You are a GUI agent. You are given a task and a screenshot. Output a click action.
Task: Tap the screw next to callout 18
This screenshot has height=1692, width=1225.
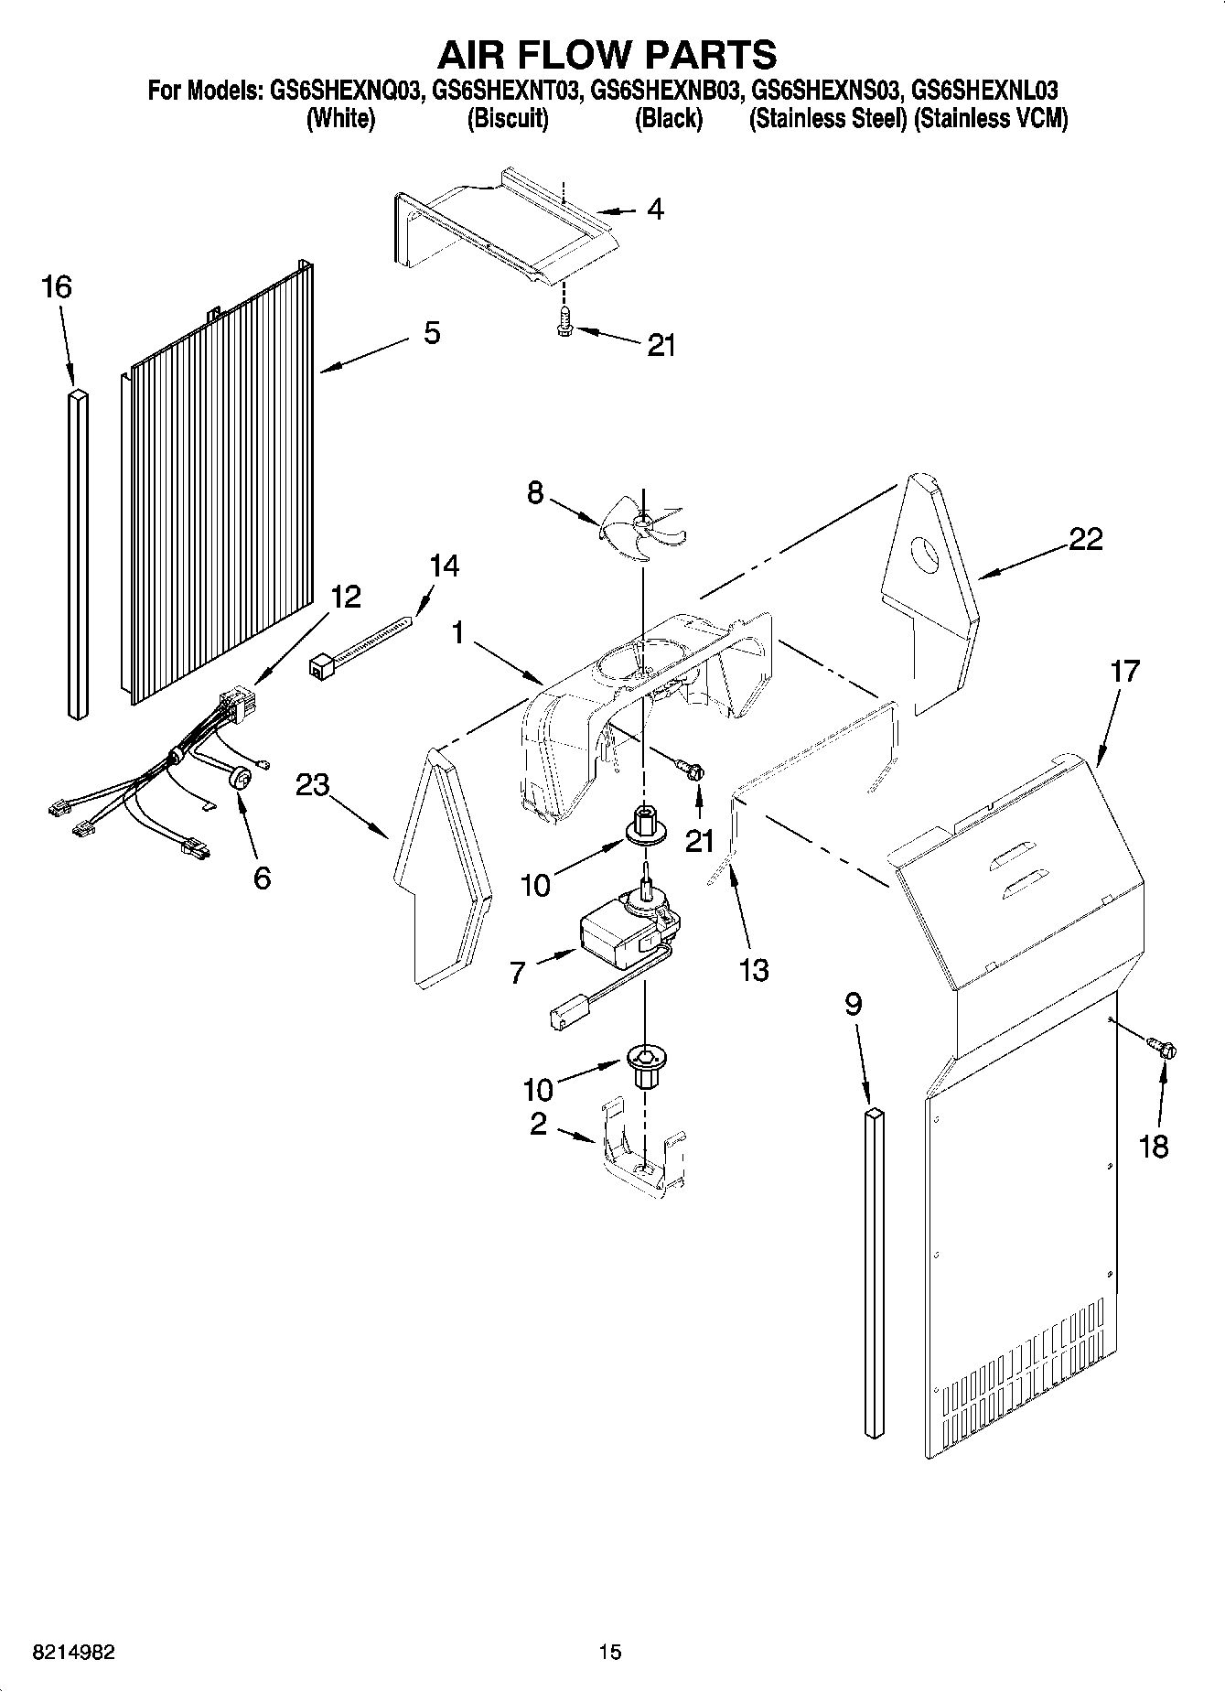point(1165,1049)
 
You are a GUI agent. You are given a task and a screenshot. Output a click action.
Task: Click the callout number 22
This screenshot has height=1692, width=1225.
point(1086,539)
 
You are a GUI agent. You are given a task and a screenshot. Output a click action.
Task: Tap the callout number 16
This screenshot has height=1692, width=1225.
point(56,287)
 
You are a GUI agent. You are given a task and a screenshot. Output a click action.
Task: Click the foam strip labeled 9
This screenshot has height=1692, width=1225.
point(875,1272)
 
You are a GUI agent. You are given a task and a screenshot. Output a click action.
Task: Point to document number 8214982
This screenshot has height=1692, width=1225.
point(73,1652)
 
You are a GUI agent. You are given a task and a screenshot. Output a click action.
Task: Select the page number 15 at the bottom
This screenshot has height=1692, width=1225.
point(610,1652)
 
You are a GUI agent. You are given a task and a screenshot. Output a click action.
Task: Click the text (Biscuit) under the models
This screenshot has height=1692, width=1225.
point(508,119)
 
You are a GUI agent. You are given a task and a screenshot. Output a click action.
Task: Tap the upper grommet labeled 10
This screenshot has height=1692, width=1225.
point(644,826)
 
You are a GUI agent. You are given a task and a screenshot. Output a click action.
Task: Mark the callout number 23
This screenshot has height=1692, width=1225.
point(312,784)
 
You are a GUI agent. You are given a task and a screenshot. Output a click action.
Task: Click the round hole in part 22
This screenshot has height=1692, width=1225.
point(927,554)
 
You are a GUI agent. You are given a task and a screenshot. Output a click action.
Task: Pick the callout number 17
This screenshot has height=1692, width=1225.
point(1124,671)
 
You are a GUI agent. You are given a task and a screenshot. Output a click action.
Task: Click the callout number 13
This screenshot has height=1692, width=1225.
point(754,970)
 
